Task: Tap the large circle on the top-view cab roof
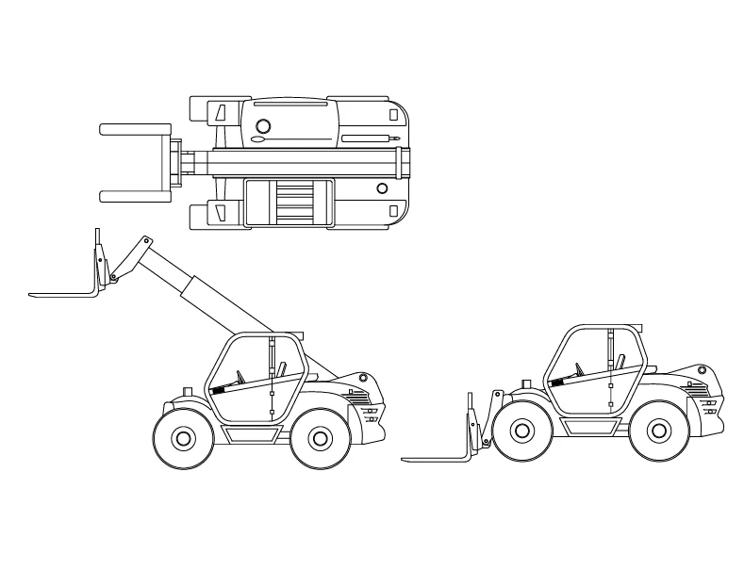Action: tap(263, 125)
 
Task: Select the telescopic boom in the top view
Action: tap(302, 162)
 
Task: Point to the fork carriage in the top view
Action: tap(175, 162)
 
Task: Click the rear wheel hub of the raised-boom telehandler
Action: tap(319, 438)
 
